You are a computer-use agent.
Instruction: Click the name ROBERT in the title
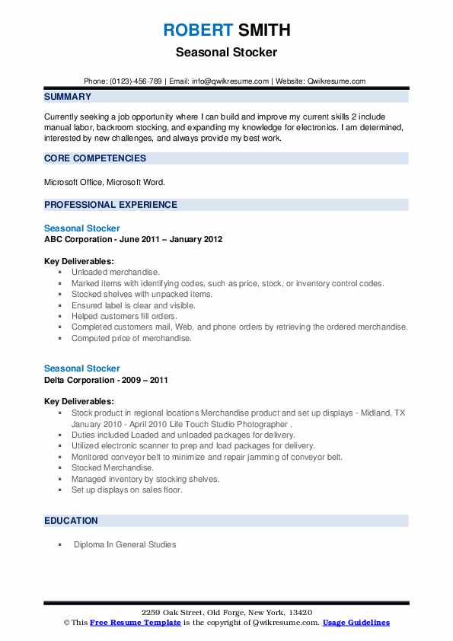196,30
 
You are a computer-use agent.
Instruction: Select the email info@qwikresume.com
231,81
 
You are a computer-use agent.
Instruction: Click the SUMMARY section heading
68,97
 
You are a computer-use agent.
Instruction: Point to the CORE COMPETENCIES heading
95,158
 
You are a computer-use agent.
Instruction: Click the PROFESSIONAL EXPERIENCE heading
110,205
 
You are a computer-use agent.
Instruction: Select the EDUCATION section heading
71,521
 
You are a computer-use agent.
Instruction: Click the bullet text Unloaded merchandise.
116,272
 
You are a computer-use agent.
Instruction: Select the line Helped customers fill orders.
124,316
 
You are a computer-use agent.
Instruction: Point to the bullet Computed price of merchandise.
132,338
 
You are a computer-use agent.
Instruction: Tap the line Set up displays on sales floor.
127,490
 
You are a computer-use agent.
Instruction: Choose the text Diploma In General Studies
125,544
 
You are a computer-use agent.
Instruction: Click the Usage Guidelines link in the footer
356,623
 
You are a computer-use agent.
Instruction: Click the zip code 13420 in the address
300,613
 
